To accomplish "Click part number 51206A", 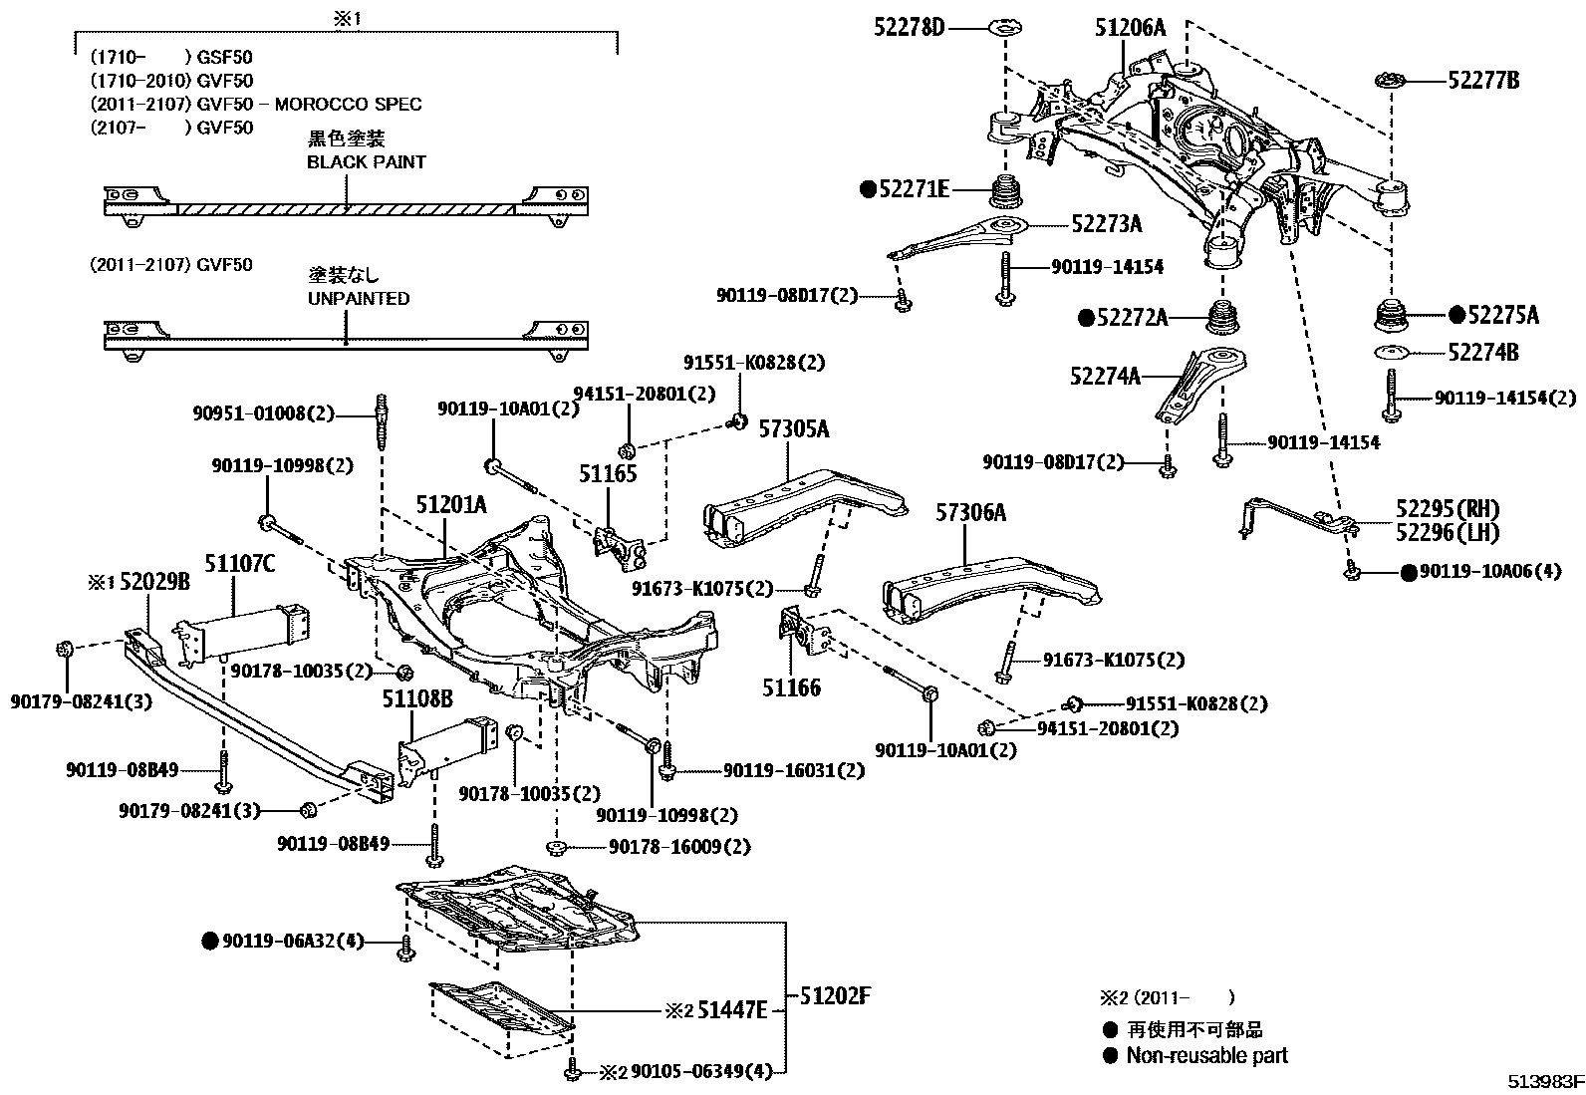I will (x=1129, y=27).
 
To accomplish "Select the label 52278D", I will (x=910, y=27).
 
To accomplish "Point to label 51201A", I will (x=450, y=505).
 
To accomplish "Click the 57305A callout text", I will (x=794, y=429).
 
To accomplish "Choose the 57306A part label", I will (x=970, y=513).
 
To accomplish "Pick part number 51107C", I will (x=240, y=564).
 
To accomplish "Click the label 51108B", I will (x=417, y=699).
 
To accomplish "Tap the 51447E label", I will (x=732, y=1010).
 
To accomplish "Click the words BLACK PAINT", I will (x=366, y=161).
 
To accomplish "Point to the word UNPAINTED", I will (x=358, y=298).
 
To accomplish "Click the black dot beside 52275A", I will (x=1456, y=315).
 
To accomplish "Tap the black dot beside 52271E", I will (x=868, y=187).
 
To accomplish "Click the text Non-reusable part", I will (x=1206, y=1055).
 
